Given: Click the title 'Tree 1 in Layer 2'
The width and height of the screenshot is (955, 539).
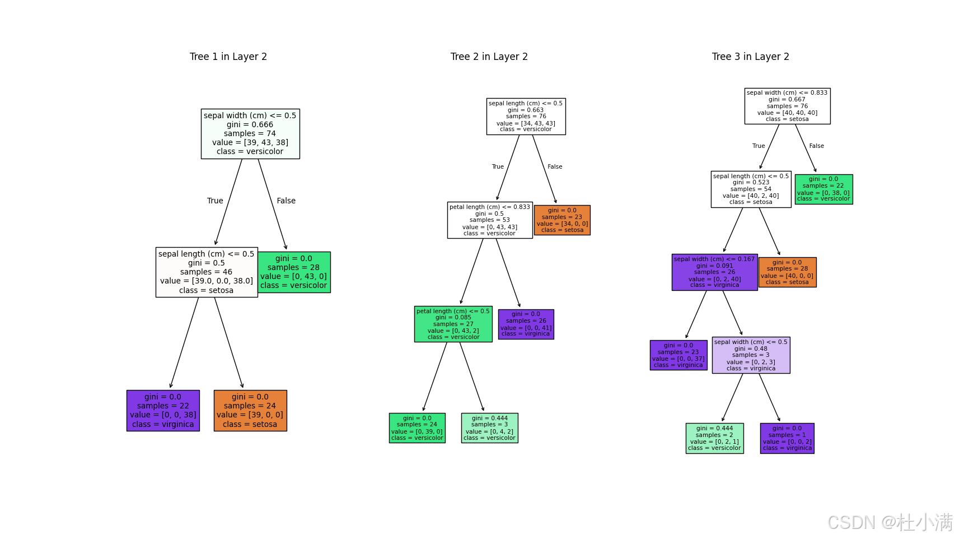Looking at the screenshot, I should (x=228, y=57).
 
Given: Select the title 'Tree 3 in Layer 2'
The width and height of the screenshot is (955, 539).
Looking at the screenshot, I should (x=750, y=57).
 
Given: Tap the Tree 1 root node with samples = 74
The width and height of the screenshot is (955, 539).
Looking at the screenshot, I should (x=250, y=134).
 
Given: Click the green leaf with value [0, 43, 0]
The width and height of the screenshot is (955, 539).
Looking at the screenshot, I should (x=294, y=272).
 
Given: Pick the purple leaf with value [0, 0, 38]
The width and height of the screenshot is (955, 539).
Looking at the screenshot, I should (x=163, y=411).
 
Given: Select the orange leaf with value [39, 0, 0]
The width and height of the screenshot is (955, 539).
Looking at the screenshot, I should (x=250, y=411).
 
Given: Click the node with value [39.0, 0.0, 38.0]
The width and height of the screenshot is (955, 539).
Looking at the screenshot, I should (x=207, y=272).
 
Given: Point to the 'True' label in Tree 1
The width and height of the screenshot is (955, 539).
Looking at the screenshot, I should (x=215, y=201).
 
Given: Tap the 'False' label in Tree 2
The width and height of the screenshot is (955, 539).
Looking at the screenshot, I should (x=555, y=167).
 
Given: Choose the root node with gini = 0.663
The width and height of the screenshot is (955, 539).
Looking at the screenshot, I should (x=526, y=117).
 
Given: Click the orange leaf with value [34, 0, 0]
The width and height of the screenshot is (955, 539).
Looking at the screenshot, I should (x=562, y=220).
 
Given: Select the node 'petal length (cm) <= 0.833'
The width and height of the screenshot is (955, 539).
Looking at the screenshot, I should (x=490, y=220).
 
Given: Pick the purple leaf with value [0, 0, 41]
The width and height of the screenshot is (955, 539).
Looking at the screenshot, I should (x=526, y=324).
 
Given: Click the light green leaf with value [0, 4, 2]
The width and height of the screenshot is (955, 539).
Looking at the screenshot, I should (x=490, y=428).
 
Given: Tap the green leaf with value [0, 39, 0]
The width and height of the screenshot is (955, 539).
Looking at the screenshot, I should (x=417, y=428).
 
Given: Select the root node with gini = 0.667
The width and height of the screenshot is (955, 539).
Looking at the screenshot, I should (x=787, y=106).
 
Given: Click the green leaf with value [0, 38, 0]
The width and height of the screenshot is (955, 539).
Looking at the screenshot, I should (x=823, y=189).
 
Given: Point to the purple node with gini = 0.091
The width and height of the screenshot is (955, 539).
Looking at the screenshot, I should (x=714, y=272).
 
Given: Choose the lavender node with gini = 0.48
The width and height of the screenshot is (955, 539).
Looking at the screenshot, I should (x=751, y=355).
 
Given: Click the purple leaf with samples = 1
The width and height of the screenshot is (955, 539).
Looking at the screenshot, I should (x=787, y=438).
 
